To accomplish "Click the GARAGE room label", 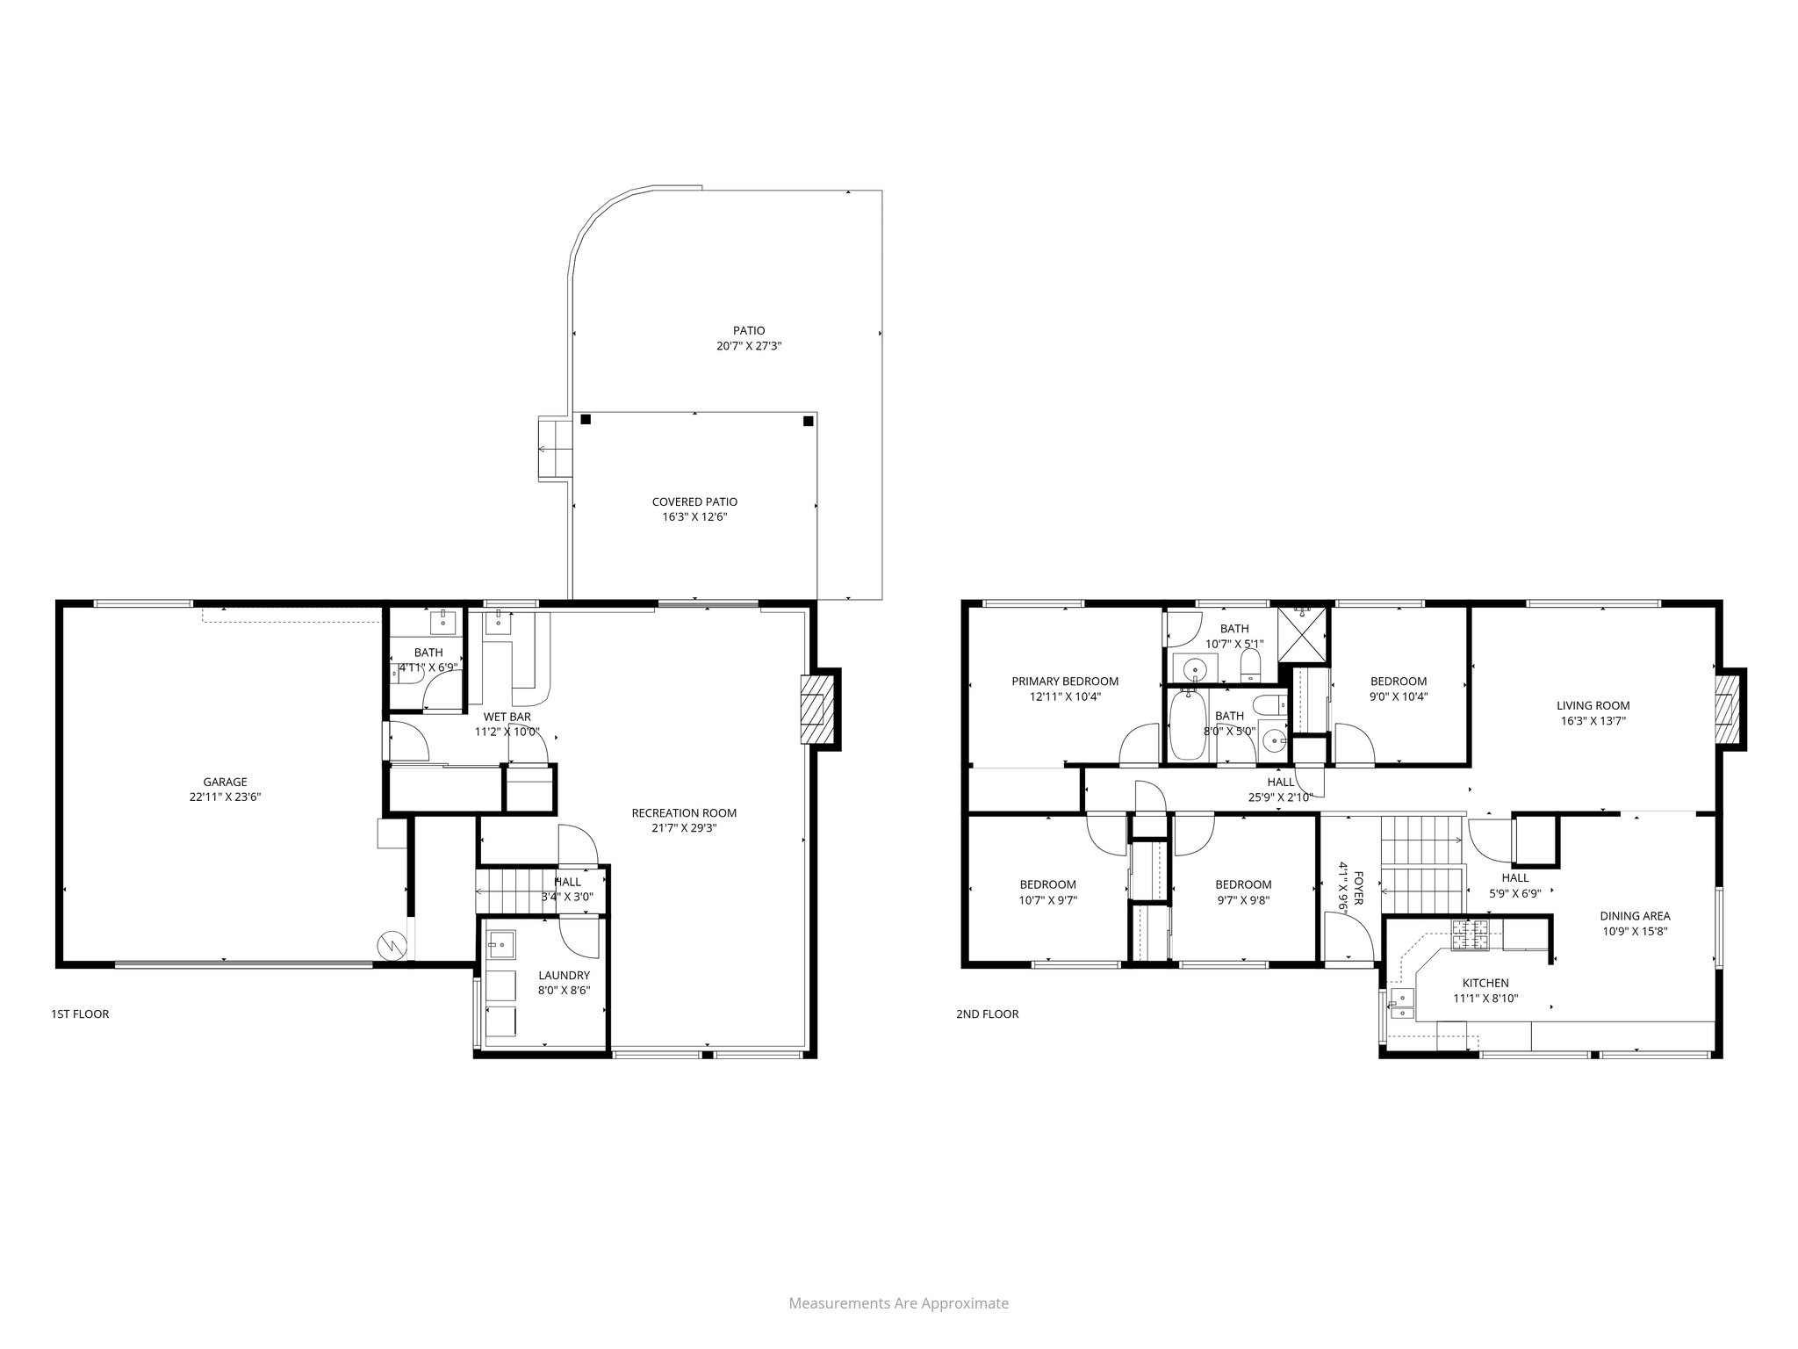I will [225, 782].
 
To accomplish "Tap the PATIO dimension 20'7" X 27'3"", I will [749, 346].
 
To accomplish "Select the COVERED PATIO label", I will [694, 501].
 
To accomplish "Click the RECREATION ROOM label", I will [684, 812].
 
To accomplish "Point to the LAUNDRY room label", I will [564, 975].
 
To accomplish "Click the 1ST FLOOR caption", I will [80, 1014].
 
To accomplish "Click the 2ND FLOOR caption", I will [987, 1014].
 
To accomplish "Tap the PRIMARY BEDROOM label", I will [1065, 681].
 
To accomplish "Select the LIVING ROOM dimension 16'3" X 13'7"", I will [1593, 721].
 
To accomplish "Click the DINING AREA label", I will [1635, 916].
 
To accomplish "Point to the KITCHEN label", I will [1485, 983].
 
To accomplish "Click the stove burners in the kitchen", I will [1470, 935].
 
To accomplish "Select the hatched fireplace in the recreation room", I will [813, 709].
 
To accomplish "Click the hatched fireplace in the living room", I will [1727, 709].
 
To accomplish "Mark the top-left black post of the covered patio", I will [586, 420].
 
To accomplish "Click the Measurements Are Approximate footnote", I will [898, 1303].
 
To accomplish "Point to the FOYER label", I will [1358, 887].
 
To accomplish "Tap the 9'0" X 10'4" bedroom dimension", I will [1399, 696].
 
